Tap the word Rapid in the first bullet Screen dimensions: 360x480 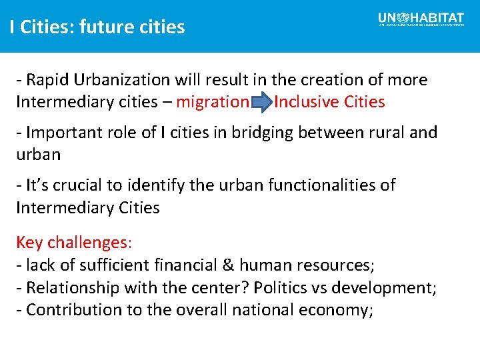tap(48, 80)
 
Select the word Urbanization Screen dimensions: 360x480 tap(123, 80)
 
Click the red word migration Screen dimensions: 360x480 tap(212, 102)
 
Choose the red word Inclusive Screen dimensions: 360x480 tap(307, 102)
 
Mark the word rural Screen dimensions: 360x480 tap(383, 132)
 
